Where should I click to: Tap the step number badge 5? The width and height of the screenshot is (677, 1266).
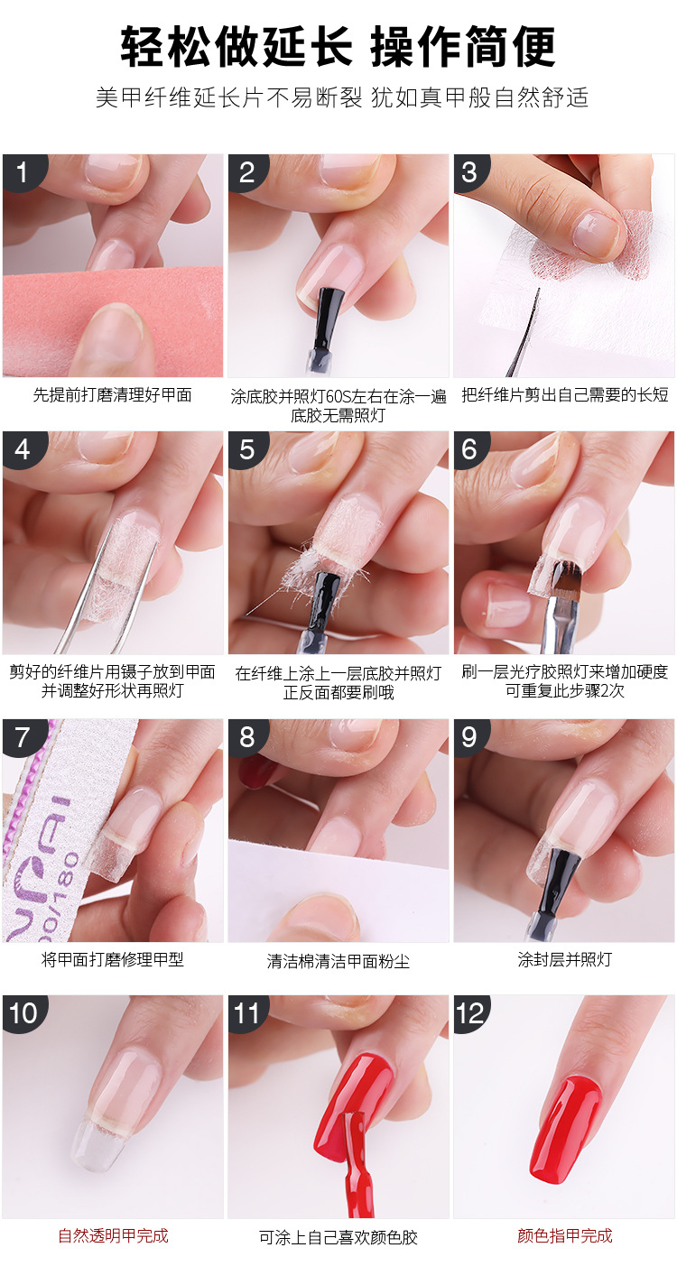[246, 448]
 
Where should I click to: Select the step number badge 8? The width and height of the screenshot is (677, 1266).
[246, 737]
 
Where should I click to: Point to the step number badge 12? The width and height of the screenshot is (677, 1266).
[470, 1013]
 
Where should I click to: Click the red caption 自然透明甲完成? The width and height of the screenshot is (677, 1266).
[113, 1235]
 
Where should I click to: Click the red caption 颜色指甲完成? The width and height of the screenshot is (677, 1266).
[564, 1235]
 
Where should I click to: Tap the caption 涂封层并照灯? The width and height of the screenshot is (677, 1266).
[564, 959]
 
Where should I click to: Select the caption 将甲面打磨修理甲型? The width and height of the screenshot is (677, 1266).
[113, 959]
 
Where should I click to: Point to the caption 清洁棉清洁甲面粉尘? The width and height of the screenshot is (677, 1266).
[338, 961]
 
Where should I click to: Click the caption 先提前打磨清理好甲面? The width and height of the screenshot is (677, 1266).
[113, 394]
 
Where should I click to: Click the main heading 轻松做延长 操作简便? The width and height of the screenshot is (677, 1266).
[338, 47]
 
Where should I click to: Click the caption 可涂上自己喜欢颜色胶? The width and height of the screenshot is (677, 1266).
[338, 1237]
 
